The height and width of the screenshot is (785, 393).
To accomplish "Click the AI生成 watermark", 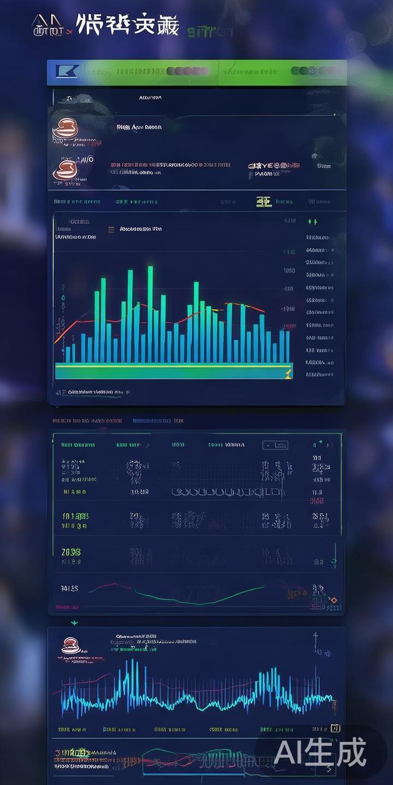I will (x=320, y=753).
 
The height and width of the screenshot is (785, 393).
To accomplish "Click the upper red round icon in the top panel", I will (x=65, y=129).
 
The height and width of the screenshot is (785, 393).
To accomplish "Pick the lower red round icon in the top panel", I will (x=65, y=170).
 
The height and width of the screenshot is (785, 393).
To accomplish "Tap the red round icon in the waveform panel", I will (x=69, y=646).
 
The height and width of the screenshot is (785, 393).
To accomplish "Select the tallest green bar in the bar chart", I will (x=150, y=313).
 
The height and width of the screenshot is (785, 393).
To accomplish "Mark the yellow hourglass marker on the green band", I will (x=288, y=373).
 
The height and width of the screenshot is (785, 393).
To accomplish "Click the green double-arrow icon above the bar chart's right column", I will (x=312, y=222).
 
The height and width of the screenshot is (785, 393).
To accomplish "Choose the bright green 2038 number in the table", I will (x=71, y=552).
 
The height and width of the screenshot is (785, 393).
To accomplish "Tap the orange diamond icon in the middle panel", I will (x=334, y=600).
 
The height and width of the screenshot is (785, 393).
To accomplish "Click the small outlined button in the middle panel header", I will (x=275, y=445).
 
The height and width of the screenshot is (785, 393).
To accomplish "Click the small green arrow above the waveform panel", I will (x=75, y=623).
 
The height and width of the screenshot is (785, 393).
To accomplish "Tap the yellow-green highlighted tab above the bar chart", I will (x=264, y=202).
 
